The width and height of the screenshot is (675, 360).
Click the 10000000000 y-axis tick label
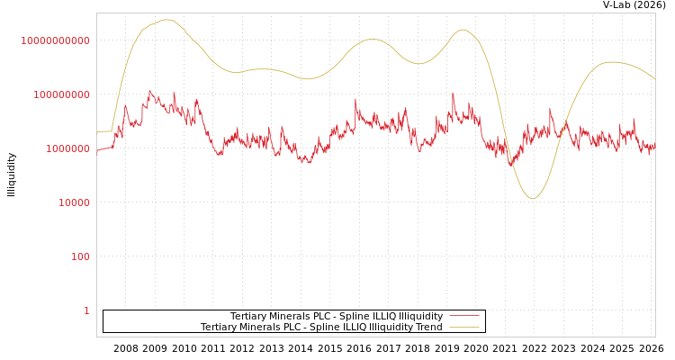tap(55, 40)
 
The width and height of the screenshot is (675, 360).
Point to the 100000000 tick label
tap(59, 94)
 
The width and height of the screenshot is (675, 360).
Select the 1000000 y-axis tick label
tap(65, 148)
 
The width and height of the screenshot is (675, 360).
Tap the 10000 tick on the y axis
tap(69, 202)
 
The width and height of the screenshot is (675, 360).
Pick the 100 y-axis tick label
tap(80, 256)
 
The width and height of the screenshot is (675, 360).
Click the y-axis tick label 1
tap(86, 310)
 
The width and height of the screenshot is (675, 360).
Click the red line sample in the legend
tap(463, 316)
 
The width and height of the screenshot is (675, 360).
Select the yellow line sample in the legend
tap(463, 327)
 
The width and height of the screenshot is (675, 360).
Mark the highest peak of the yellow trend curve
tap(167, 20)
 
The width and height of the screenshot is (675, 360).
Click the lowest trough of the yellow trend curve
tap(532, 198)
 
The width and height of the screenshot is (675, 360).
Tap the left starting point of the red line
tap(97, 152)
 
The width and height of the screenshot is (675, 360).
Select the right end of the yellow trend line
tap(655, 79)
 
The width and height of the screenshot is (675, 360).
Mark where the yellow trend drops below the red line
tap(509, 159)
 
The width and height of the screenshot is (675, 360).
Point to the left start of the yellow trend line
tap(97, 132)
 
